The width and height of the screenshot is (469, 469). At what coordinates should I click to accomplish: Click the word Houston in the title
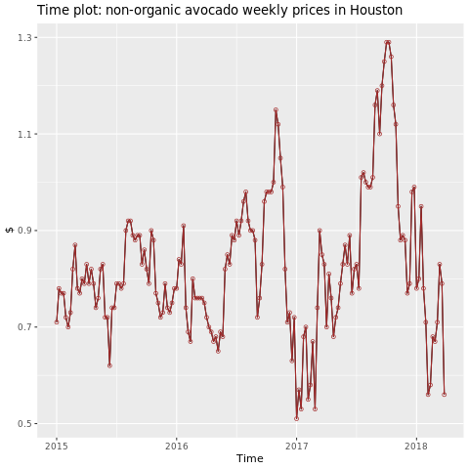(x=368, y=11)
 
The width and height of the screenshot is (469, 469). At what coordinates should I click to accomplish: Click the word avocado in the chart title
(x=215, y=11)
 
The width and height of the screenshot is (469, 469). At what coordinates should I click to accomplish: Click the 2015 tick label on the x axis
(x=56, y=446)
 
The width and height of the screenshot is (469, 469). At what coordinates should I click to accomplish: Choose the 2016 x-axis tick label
(x=176, y=446)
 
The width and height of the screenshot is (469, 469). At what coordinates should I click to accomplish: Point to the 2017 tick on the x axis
(x=296, y=446)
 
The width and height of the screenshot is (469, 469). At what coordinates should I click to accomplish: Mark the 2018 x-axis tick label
(x=416, y=446)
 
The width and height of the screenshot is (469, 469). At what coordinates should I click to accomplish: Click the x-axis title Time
(x=249, y=458)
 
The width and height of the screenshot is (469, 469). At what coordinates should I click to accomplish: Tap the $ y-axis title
(x=9, y=231)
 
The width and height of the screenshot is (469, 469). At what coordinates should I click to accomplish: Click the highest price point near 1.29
(x=387, y=42)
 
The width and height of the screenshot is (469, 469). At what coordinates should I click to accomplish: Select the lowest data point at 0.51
(x=296, y=418)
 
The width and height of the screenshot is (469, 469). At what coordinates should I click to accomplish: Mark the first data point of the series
(x=56, y=321)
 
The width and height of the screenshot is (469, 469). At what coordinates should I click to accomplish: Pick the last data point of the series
(x=444, y=395)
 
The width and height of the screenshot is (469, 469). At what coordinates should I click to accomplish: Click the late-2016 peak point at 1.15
(x=276, y=109)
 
